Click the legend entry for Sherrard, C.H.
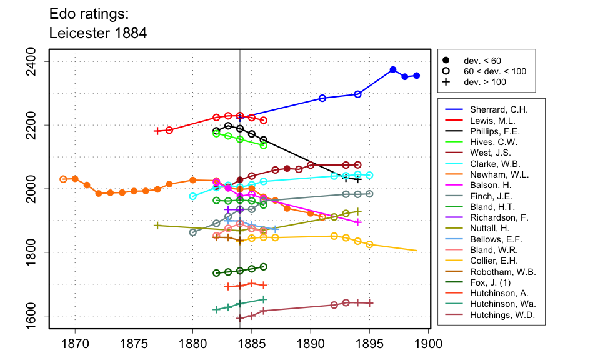point(492,109)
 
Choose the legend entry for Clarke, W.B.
point(491,164)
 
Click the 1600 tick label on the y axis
point(36,316)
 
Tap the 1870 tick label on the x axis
point(75,342)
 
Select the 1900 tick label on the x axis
point(429,342)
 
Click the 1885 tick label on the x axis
point(252,342)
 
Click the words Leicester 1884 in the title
point(98,33)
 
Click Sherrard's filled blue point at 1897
point(393,69)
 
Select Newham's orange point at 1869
point(63,179)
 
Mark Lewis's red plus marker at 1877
point(157,131)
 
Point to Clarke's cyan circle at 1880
point(192,196)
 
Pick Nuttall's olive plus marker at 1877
point(157,226)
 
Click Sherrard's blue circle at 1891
point(322,98)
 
